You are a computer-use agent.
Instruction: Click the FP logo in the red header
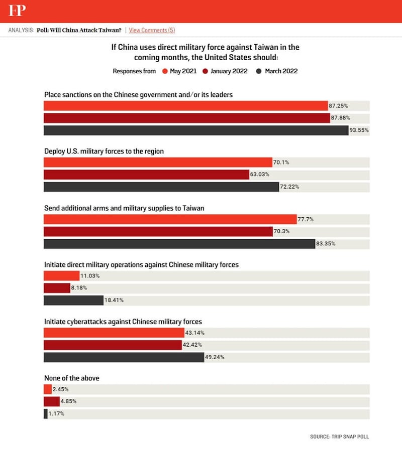17,11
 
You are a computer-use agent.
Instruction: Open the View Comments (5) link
152,30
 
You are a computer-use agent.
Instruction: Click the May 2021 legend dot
165,71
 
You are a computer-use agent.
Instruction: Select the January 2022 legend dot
206,71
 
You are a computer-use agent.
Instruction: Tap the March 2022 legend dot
260,71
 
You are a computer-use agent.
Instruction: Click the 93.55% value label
359,130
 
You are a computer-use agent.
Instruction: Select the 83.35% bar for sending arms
179,244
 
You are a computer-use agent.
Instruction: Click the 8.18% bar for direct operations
57,288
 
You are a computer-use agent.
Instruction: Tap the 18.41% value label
114,300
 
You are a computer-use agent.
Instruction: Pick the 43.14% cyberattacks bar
114,333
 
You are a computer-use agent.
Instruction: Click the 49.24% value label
214,357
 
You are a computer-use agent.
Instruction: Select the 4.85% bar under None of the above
52,402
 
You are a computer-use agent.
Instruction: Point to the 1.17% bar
45,414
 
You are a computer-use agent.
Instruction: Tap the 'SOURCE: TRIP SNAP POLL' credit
340,436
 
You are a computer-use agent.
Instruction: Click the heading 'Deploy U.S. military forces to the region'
104,151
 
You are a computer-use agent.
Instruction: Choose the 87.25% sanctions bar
185,106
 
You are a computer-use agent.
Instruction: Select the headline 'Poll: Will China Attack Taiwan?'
79,30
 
